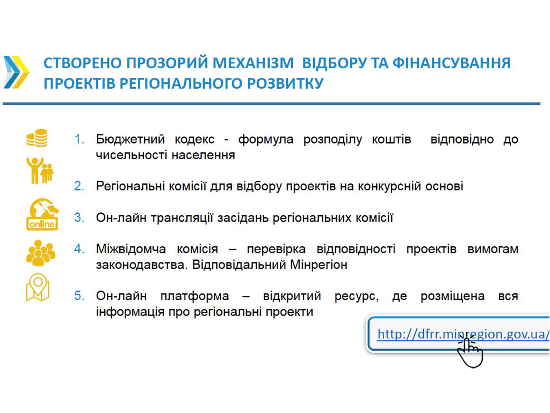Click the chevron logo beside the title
click(16, 72)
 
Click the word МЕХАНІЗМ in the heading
click(253, 63)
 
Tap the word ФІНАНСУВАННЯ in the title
click(451, 63)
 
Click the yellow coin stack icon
click(37, 138)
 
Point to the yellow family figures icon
click(40, 170)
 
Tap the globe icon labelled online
click(42, 214)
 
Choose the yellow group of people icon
click(41, 253)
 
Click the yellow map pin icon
click(38, 287)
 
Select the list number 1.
click(79, 139)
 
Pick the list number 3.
click(79, 218)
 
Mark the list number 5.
click(79, 296)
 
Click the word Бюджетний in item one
click(131, 139)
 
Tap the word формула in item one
click(265, 139)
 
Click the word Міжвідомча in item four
click(131, 249)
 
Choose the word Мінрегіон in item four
click(319, 265)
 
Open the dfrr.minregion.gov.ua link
click(463, 333)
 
